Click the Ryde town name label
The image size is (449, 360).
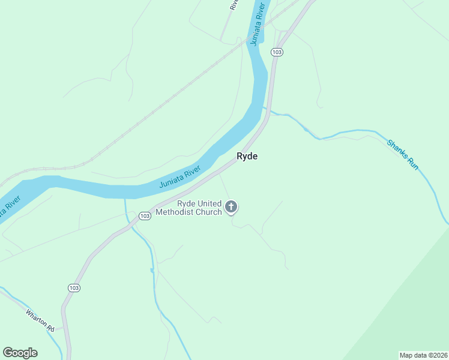(x=247, y=156)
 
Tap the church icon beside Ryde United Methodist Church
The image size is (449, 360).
(x=231, y=208)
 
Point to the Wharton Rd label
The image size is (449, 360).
(x=40, y=321)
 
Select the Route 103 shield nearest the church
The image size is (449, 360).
(x=144, y=215)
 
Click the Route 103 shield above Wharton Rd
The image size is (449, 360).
(x=74, y=288)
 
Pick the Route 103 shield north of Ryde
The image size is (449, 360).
(x=276, y=53)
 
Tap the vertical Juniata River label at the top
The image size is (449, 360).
(x=258, y=25)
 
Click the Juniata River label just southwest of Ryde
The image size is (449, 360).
(x=179, y=177)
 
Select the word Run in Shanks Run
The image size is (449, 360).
(x=412, y=163)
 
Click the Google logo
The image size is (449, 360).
(x=20, y=353)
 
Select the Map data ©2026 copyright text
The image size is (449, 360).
(x=423, y=355)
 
